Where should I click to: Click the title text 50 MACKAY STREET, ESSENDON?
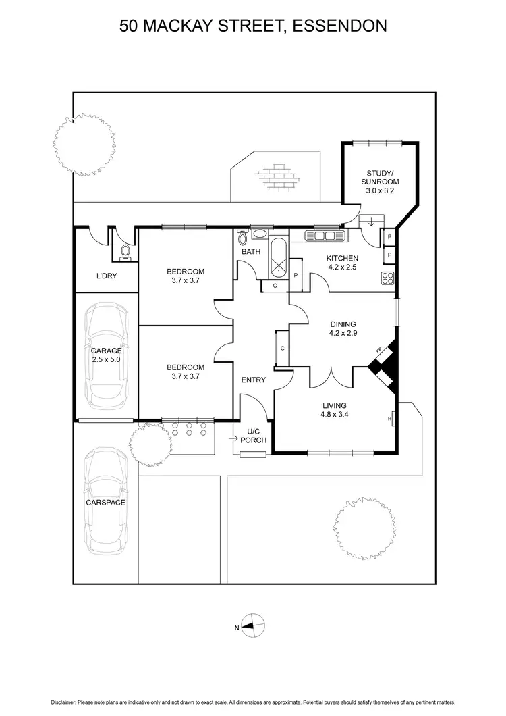coord(252,26)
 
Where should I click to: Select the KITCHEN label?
coord(342,258)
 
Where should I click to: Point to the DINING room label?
coord(342,324)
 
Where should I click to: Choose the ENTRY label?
coord(253,380)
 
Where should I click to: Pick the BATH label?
coord(252,252)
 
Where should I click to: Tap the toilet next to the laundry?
coord(125,252)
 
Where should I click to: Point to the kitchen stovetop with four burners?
coord(388,278)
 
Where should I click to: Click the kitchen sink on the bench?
coord(324,236)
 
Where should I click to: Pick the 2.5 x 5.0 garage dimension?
coord(107,360)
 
